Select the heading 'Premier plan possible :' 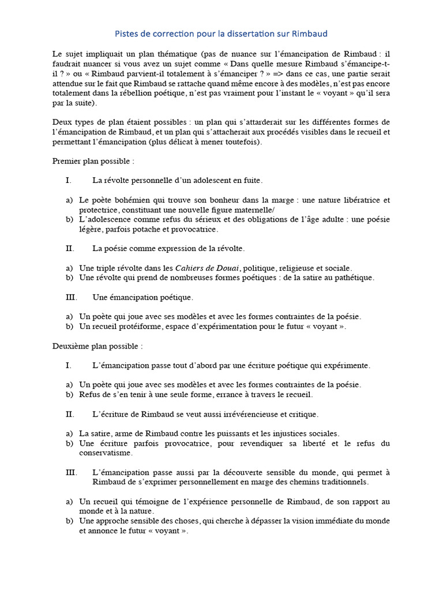pos(93,161)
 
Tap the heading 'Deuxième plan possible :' pos(97,346)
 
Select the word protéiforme pos(136,326)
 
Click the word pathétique pos(354,278)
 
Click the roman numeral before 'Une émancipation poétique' pos(70,297)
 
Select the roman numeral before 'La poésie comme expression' pos(70,248)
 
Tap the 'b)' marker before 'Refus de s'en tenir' pos(69,394)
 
